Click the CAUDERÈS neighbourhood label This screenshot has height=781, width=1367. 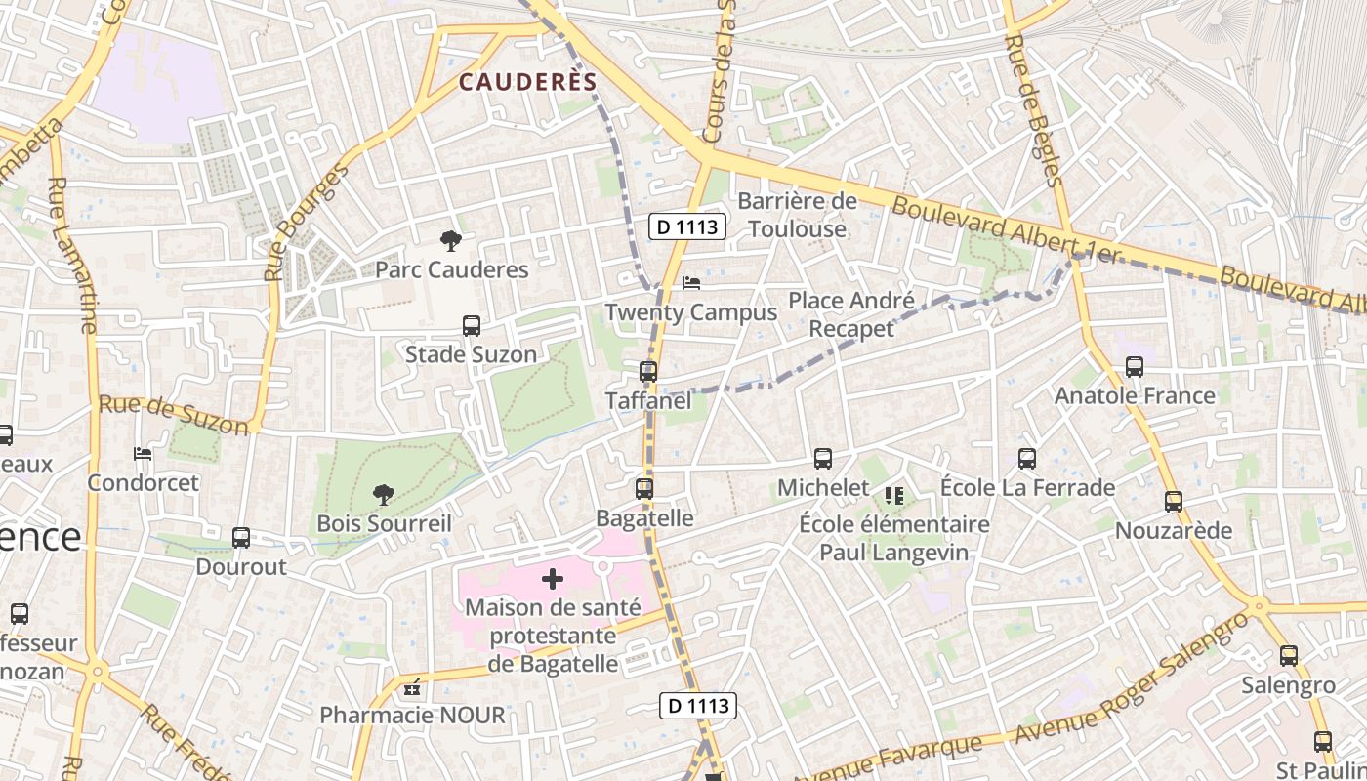point(527,82)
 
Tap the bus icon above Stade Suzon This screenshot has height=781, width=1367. point(472,326)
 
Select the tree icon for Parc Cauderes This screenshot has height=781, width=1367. point(450,240)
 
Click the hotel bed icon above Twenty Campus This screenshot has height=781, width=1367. point(691,283)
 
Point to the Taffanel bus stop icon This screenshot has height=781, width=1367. point(648,372)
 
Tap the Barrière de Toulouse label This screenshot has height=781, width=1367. point(797,215)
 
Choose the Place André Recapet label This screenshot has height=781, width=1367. point(851,314)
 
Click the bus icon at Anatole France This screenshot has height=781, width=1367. point(1135,367)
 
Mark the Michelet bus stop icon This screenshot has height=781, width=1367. point(823,459)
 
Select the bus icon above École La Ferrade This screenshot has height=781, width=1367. point(1027,459)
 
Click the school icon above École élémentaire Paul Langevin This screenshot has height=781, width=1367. point(894,496)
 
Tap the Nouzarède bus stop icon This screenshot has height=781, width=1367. point(1174,502)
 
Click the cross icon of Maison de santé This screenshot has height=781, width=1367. point(553,579)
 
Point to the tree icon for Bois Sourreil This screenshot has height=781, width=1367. point(384,495)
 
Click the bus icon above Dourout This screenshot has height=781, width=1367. point(241,538)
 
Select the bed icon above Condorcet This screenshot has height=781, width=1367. point(143,454)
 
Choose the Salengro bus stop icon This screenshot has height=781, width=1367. point(1289,656)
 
